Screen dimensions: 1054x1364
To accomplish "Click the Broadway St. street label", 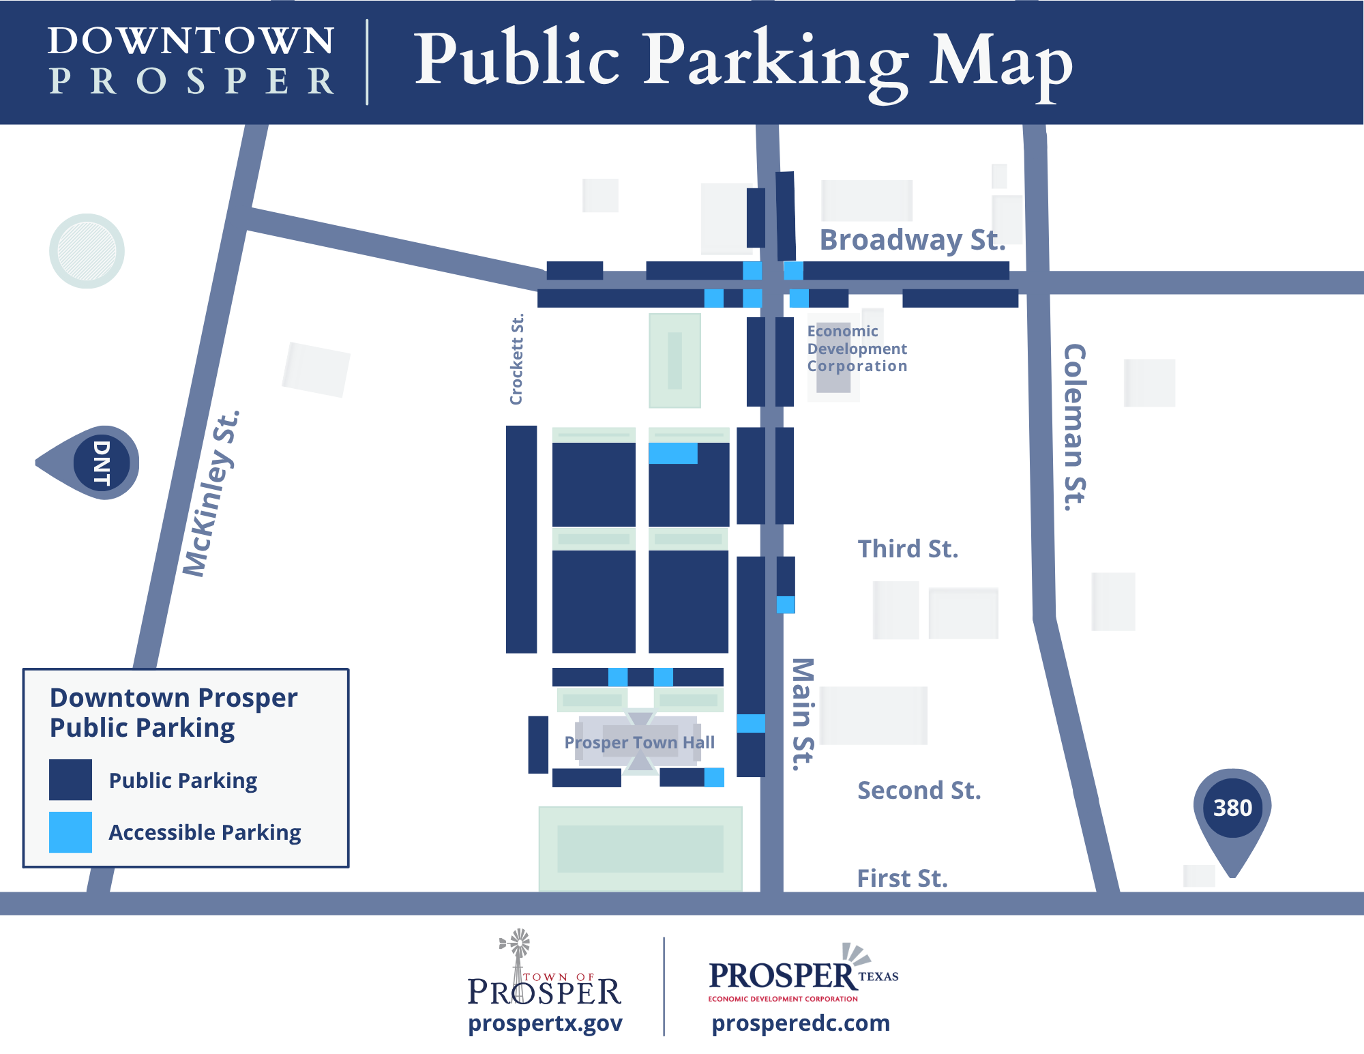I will [x=913, y=240].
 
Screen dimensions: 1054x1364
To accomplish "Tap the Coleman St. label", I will [x=1075, y=427].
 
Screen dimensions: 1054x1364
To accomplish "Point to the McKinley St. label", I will [x=211, y=494].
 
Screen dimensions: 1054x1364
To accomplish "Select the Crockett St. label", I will [x=517, y=360].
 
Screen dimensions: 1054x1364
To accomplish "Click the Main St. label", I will [x=803, y=714].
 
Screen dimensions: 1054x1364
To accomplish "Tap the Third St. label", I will [x=908, y=549].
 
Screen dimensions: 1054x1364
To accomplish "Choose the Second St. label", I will [x=919, y=791].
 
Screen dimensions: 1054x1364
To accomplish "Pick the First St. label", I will [x=902, y=879].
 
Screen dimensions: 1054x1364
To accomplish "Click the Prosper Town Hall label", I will [x=639, y=742].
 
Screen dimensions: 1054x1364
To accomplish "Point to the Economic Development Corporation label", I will [x=857, y=349].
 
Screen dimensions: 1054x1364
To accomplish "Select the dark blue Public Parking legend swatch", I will [x=70, y=780].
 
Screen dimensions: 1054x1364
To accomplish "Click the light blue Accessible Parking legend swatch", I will [x=70, y=832].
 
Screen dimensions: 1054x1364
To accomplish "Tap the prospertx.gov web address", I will [x=545, y=1023].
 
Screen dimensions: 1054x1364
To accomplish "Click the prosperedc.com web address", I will [x=801, y=1023].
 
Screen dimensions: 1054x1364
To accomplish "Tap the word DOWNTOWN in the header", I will [x=191, y=41].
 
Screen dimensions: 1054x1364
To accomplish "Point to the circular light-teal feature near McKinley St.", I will [x=87, y=251].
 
